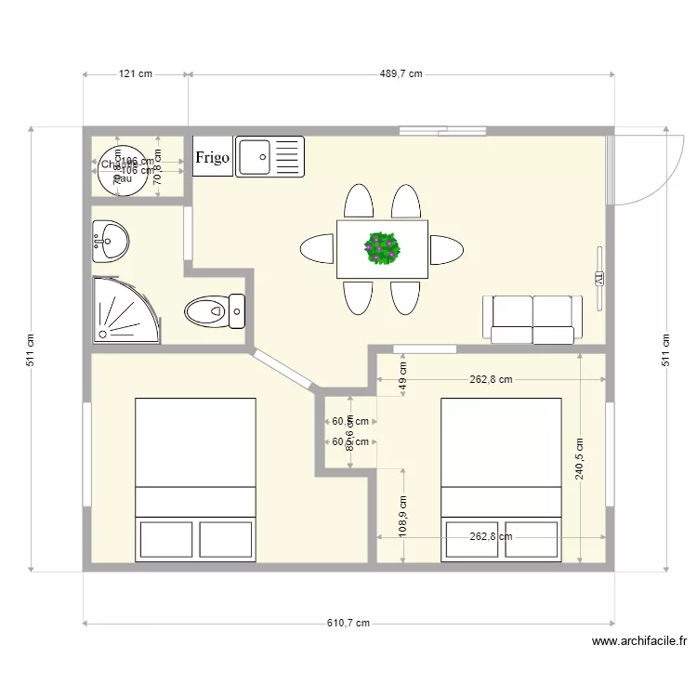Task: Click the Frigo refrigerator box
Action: pos(212,157)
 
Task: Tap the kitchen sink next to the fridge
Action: pos(270,156)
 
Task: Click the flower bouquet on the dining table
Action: pos(382,248)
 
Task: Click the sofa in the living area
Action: pos(532,319)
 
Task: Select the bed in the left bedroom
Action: pos(195,479)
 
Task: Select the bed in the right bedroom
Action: pos(501,479)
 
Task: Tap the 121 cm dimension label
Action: pos(136,73)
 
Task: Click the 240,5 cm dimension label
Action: pos(580,459)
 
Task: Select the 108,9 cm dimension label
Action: pos(403,516)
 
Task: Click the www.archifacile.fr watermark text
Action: pos(638,641)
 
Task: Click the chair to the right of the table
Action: pos(446,249)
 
